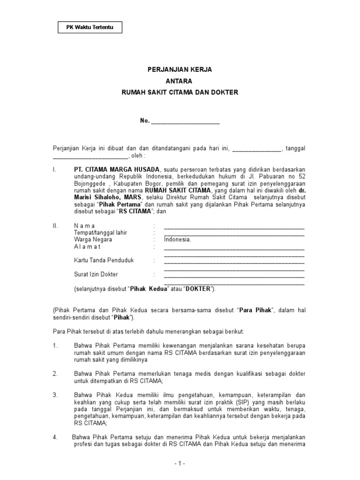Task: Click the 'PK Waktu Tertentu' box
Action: point(90,28)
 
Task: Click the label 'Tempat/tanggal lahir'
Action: point(100,233)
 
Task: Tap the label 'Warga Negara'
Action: point(93,240)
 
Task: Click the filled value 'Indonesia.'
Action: point(177,240)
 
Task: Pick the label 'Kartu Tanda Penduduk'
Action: point(103,260)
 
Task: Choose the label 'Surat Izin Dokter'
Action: point(96,274)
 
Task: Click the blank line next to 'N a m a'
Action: point(234,227)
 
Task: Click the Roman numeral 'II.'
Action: point(55,226)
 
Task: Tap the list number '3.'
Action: point(55,395)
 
